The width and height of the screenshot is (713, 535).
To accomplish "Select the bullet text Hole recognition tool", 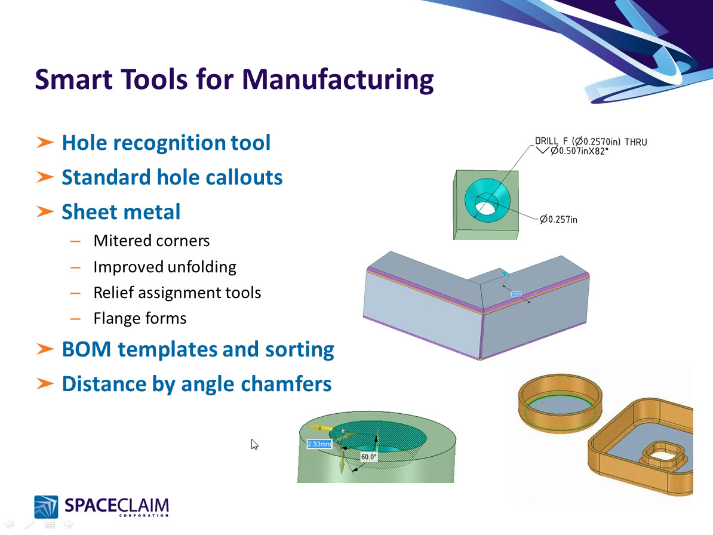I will coord(166,143).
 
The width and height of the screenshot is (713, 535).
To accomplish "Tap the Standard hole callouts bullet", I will coord(172,177).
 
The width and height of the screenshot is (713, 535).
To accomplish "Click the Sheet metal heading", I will coord(121,212).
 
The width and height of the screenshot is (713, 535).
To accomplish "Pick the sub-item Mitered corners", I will coord(152,241).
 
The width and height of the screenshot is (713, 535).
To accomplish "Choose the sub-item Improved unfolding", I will coord(165,266).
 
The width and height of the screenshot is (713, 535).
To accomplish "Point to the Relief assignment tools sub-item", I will coord(177,293).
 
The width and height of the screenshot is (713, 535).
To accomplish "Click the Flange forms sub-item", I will coord(140,318).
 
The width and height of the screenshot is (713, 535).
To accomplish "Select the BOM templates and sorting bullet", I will coord(198,349).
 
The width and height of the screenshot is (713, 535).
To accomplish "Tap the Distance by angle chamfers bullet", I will coord(196,383).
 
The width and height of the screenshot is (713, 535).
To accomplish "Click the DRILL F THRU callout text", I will coord(591,142).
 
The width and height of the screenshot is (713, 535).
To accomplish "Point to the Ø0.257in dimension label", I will coord(558,220).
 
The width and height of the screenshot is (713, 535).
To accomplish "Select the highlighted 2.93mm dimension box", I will coord(318,444).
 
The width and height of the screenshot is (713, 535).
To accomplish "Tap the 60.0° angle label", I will coord(368,457).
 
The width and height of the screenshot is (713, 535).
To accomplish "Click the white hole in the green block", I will coord(485,207).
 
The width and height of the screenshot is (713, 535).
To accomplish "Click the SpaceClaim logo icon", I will coord(46,507).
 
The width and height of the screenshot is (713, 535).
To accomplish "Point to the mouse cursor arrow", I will coord(254,444).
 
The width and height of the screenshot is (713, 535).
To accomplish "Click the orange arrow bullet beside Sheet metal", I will coord(45,212).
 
